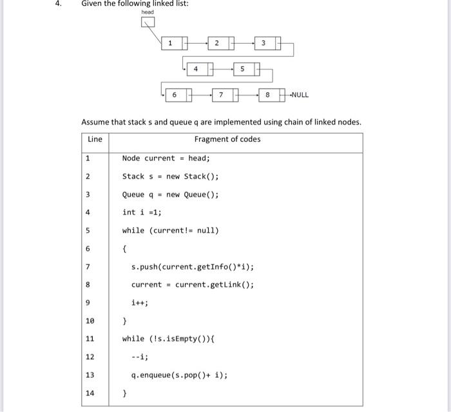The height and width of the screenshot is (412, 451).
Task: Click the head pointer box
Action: [148, 24]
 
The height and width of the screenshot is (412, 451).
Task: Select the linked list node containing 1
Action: [174, 43]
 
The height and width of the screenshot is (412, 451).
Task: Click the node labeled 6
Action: [178, 95]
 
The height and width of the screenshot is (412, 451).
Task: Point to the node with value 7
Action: [225, 95]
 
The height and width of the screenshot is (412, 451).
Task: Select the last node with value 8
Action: [273, 95]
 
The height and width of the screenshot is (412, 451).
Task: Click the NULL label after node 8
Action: [300, 95]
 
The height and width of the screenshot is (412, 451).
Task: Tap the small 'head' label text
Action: [148, 12]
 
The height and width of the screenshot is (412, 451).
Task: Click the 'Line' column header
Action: [95, 139]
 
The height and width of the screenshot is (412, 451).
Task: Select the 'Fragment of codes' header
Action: [227, 139]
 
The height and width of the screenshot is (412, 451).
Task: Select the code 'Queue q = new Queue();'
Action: [171, 194]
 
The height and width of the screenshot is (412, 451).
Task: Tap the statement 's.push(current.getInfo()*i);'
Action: [193, 266]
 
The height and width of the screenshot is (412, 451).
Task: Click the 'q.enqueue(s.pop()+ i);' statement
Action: [180, 375]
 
